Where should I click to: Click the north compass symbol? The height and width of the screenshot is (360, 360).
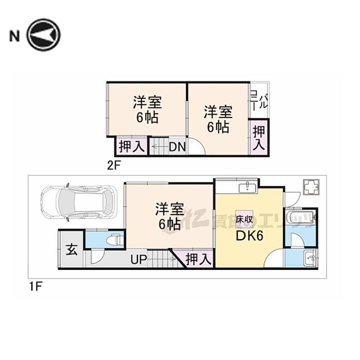[44, 35]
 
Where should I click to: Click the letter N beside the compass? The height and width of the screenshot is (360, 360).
[14, 35]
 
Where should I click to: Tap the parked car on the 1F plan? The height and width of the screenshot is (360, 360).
[80, 202]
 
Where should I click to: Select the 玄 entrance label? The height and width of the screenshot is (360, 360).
[71, 251]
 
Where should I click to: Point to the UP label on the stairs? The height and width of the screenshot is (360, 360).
[138, 260]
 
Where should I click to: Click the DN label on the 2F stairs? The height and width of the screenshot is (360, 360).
[177, 147]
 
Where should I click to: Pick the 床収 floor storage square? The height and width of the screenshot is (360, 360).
[243, 219]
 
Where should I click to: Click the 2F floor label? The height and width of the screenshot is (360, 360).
[113, 166]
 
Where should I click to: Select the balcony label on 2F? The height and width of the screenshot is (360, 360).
[259, 99]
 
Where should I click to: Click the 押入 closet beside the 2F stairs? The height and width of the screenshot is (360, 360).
[132, 147]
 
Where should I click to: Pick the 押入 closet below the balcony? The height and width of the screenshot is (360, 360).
[258, 137]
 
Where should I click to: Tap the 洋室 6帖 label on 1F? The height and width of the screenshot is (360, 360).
[169, 216]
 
